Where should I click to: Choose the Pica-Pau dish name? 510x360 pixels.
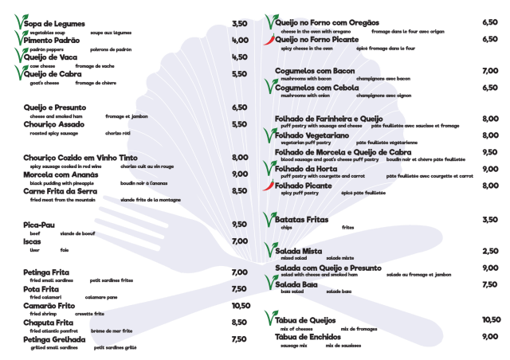[38, 225]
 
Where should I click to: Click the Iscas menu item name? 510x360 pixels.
[32, 241]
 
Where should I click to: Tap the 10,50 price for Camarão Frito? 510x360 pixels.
[240, 305]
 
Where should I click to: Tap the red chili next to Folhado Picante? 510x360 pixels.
[270, 186]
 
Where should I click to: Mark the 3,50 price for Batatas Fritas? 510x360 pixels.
[490, 219]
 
